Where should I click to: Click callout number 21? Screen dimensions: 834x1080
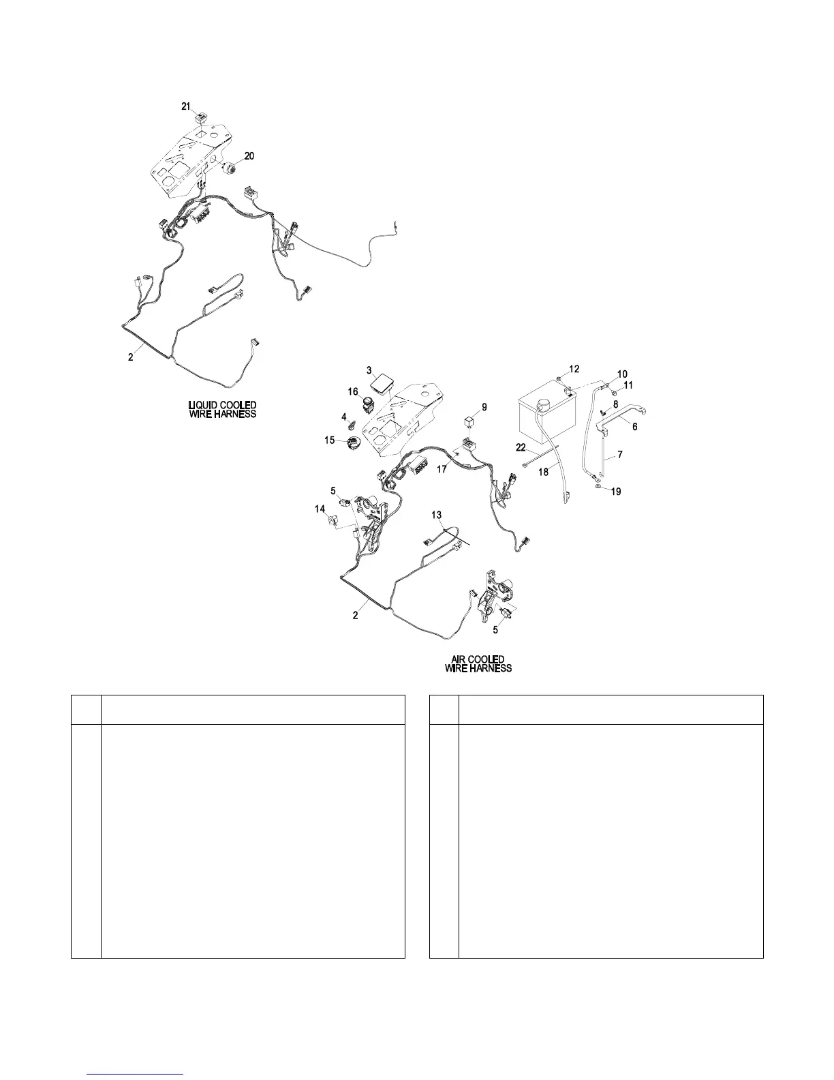[x=186, y=106]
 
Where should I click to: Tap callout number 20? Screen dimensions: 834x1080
[x=249, y=156]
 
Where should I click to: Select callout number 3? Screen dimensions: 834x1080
[x=369, y=370]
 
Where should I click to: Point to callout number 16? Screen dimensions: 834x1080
[x=353, y=391]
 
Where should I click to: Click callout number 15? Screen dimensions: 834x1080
[x=330, y=440]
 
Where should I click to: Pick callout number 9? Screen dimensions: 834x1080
[x=484, y=407]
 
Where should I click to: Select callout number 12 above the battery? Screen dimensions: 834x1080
[x=574, y=369]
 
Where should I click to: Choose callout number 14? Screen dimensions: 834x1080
[x=319, y=509]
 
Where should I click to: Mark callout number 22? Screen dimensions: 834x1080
[x=521, y=447]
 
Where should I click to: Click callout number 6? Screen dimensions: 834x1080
[x=635, y=427]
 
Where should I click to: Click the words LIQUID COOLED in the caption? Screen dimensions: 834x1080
[x=222, y=406]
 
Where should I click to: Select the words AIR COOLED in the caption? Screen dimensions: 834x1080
[x=478, y=659]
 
